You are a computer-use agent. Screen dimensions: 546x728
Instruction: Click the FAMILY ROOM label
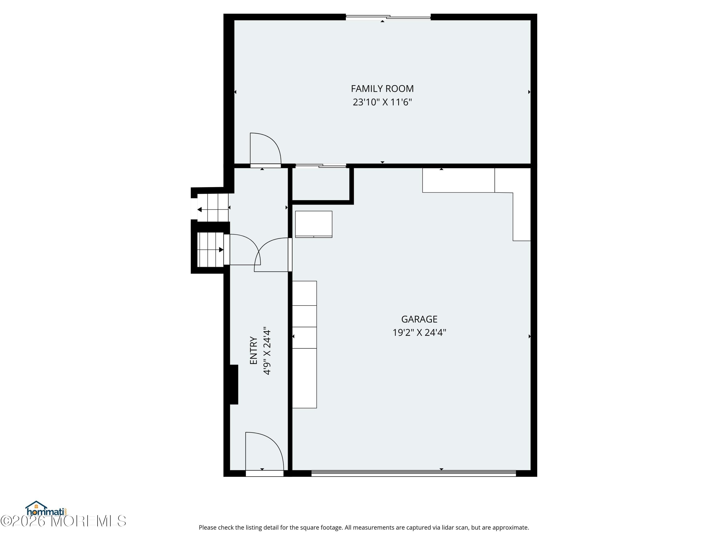382,89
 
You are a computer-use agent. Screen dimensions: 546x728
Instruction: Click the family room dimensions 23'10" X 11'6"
382,102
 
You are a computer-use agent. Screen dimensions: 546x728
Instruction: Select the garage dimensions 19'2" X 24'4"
419,332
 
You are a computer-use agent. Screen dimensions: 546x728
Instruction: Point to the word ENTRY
253,350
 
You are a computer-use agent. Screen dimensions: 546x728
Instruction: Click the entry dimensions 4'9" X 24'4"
267,351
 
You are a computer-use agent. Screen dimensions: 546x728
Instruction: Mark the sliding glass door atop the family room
388,17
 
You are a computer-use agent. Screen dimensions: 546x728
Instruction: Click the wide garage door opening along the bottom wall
413,473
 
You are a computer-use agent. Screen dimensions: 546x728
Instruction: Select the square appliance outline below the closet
313,224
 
